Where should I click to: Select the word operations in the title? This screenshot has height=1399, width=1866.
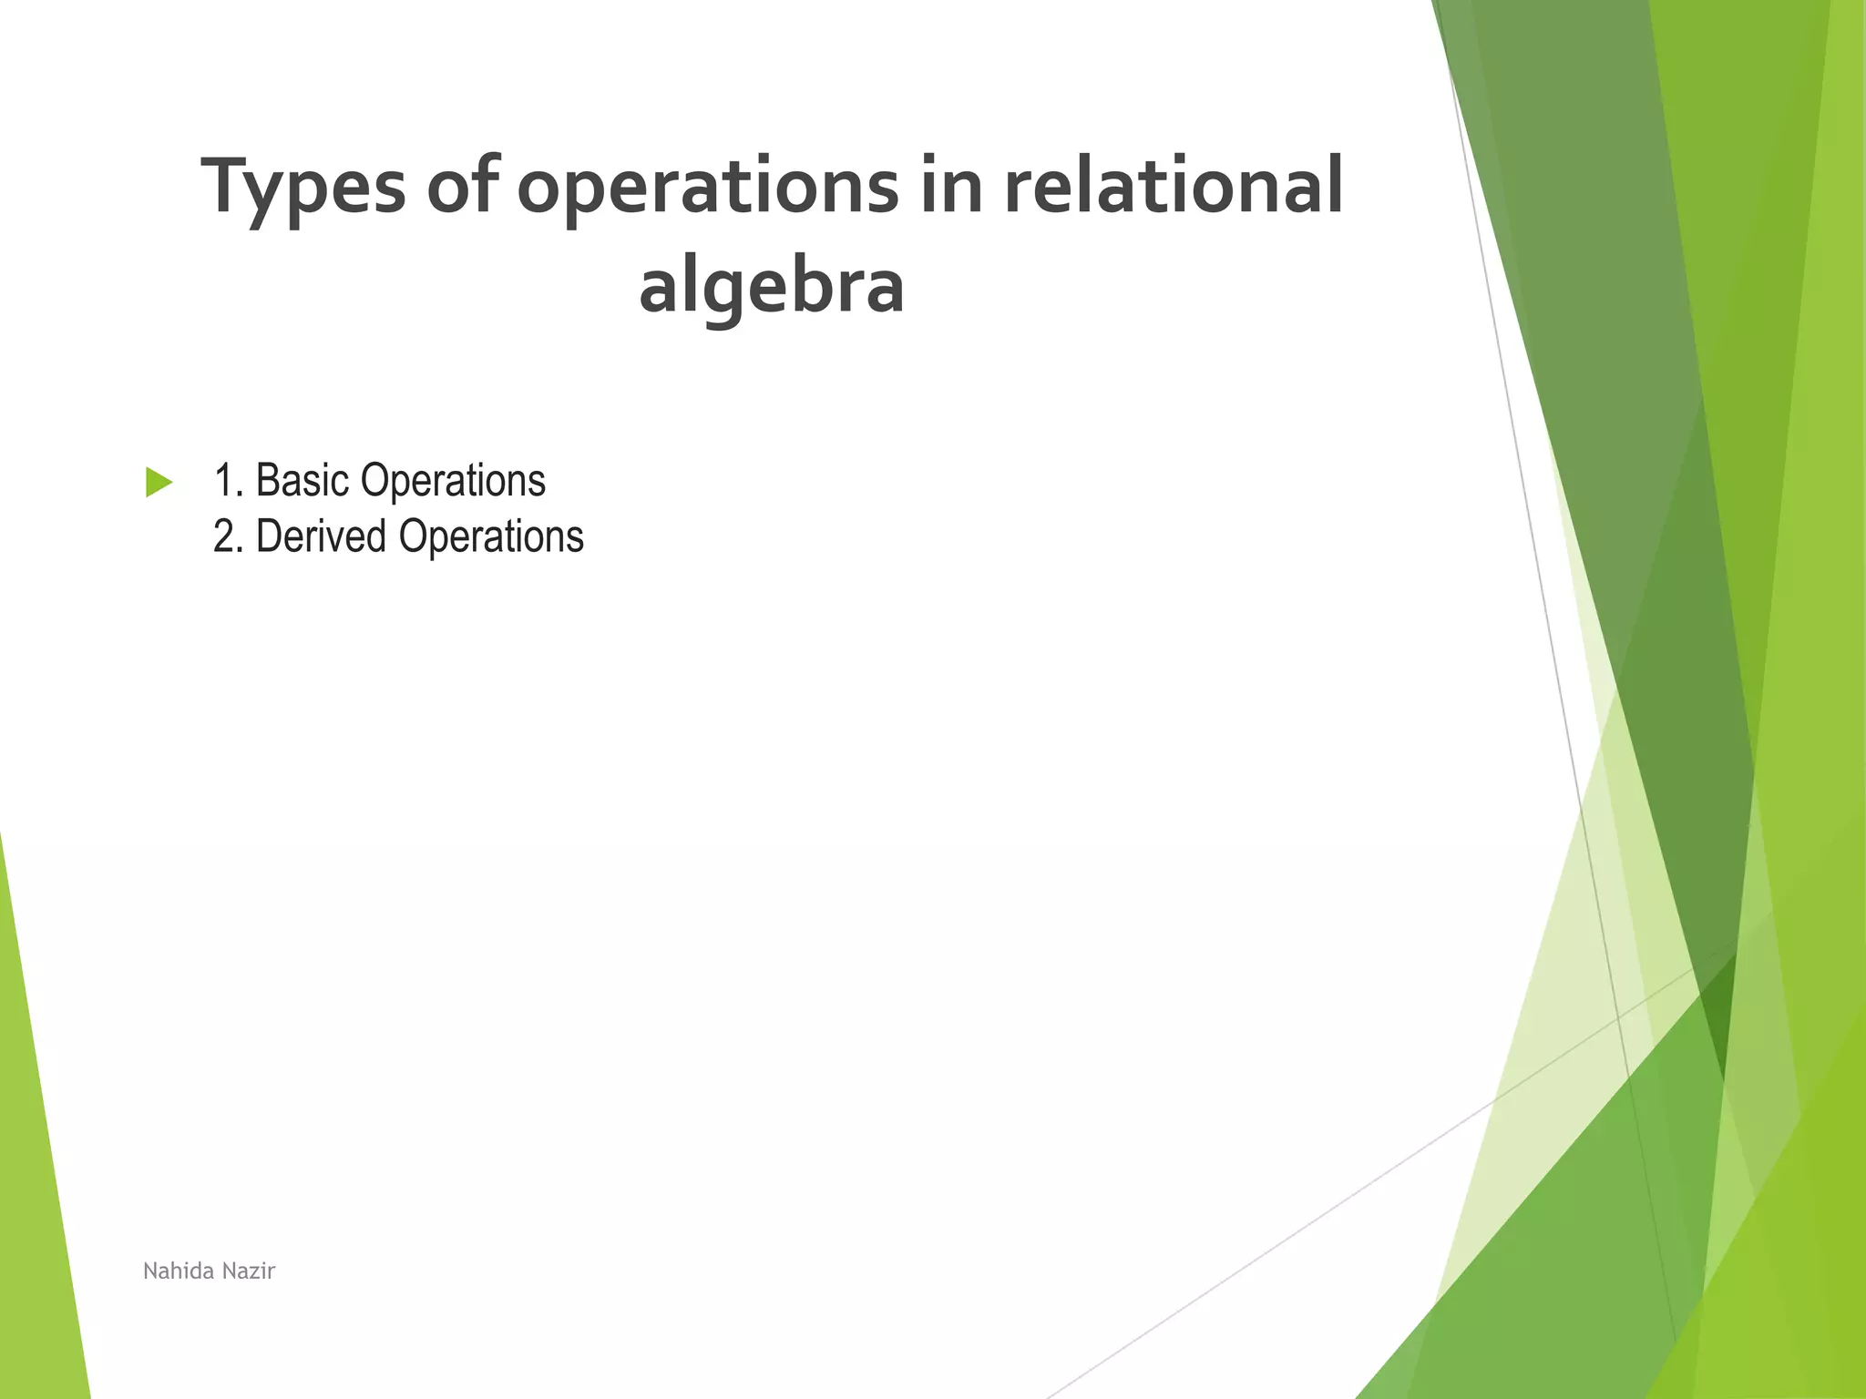coord(707,187)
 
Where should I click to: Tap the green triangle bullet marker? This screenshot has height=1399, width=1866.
coord(159,482)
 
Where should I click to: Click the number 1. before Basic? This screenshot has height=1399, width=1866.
coord(229,481)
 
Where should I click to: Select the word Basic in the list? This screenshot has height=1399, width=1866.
coord(302,481)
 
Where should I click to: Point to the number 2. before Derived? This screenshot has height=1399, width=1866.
coord(229,536)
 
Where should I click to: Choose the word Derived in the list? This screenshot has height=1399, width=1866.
coord(321,536)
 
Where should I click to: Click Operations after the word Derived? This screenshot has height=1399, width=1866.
coord(491,536)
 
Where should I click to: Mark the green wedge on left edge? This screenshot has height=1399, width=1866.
coord(36,1184)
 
